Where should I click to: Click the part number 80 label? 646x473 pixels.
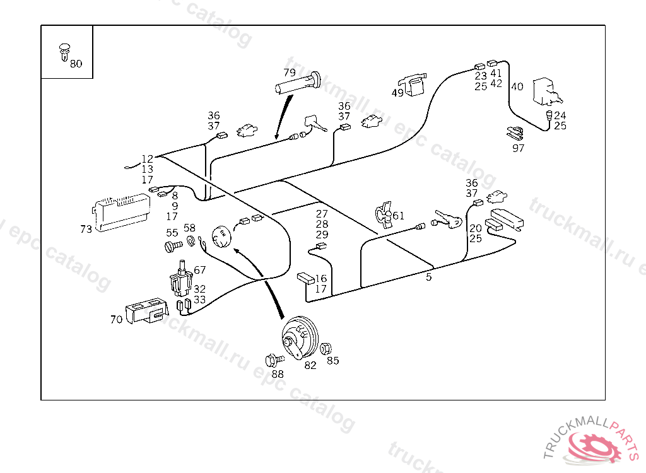point(76,64)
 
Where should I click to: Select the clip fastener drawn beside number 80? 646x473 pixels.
point(63,52)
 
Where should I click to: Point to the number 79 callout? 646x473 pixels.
point(290,72)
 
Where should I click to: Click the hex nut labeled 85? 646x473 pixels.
point(326,349)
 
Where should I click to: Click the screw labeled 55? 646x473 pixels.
point(172,246)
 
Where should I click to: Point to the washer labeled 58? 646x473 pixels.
point(190,242)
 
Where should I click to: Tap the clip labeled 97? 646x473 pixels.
point(515,134)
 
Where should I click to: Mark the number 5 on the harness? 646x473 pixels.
point(429,277)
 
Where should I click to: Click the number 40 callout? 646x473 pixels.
point(517,87)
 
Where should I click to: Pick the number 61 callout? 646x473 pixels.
point(398,216)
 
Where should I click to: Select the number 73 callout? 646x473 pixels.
point(86,230)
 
